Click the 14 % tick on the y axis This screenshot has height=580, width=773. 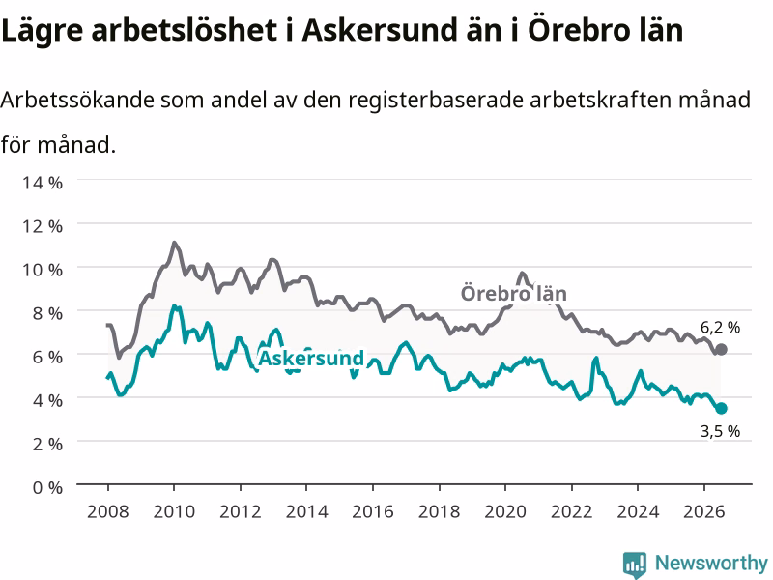tap(43, 183)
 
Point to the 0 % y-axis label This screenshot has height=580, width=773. tap(47, 488)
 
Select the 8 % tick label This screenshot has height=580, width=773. tap(47, 313)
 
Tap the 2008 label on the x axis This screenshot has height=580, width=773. tap(108, 511)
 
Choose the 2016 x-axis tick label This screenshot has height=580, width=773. tap(373, 511)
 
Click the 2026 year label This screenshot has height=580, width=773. tap(704, 511)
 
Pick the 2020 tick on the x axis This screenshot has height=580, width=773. tap(505, 511)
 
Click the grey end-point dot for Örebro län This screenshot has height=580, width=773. tap(721, 350)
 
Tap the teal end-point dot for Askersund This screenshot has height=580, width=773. tap(721, 408)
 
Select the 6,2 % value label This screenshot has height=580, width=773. tap(720, 328)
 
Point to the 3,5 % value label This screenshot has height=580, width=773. tap(720, 431)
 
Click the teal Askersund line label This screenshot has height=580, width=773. tap(311, 358)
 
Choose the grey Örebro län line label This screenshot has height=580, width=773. tap(514, 294)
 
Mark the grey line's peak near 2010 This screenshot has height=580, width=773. tap(174, 243)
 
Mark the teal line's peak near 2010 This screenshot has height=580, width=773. tap(174, 305)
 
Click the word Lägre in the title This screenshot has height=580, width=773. tap(43, 31)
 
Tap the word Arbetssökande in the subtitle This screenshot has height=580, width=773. tap(78, 101)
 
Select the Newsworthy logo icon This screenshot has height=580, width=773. tap(635, 564)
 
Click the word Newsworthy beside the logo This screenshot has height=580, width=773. tap(711, 563)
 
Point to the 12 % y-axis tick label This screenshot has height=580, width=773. tap(43, 226)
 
